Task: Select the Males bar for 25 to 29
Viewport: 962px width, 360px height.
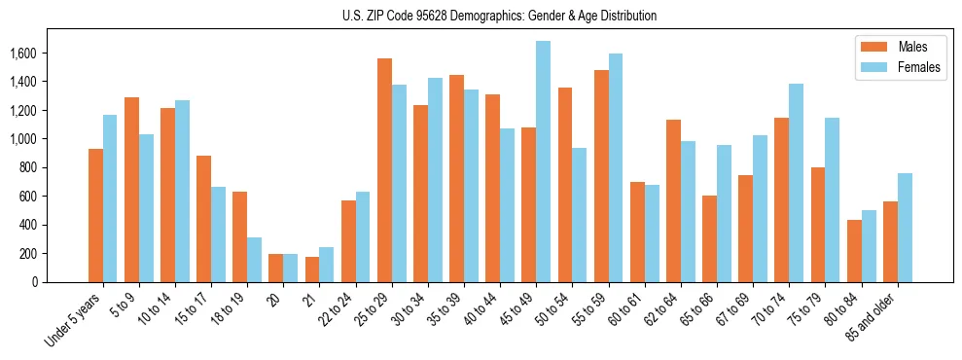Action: point(384,170)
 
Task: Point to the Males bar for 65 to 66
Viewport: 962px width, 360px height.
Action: point(709,238)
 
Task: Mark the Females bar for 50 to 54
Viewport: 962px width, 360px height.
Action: point(579,215)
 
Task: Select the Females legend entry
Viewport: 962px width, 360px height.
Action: point(919,67)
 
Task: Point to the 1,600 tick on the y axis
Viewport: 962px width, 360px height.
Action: point(23,54)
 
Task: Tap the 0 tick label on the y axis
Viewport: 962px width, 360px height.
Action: point(33,282)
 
